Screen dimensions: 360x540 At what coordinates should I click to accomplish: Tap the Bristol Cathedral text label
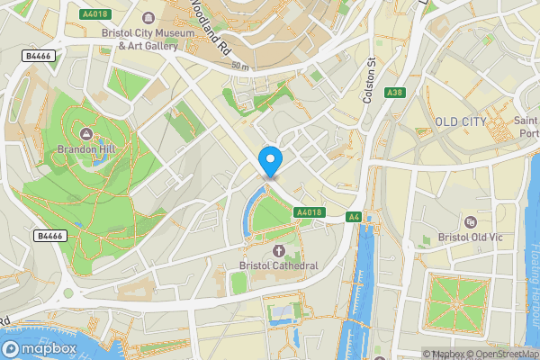[x=279, y=265]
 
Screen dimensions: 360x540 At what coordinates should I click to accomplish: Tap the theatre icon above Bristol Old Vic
[x=469, y=221]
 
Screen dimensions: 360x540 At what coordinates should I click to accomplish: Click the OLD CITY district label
[x=461, y=121]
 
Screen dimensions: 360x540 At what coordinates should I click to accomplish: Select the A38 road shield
[x=394, y=93]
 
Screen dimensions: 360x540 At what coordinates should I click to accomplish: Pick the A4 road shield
[x=355, y=217]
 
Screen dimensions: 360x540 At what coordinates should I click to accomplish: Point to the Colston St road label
[x=368, y=82]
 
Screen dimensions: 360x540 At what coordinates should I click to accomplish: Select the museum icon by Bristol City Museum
[x=147, y=15]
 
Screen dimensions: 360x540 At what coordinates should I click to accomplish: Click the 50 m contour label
[x=238, y=67]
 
